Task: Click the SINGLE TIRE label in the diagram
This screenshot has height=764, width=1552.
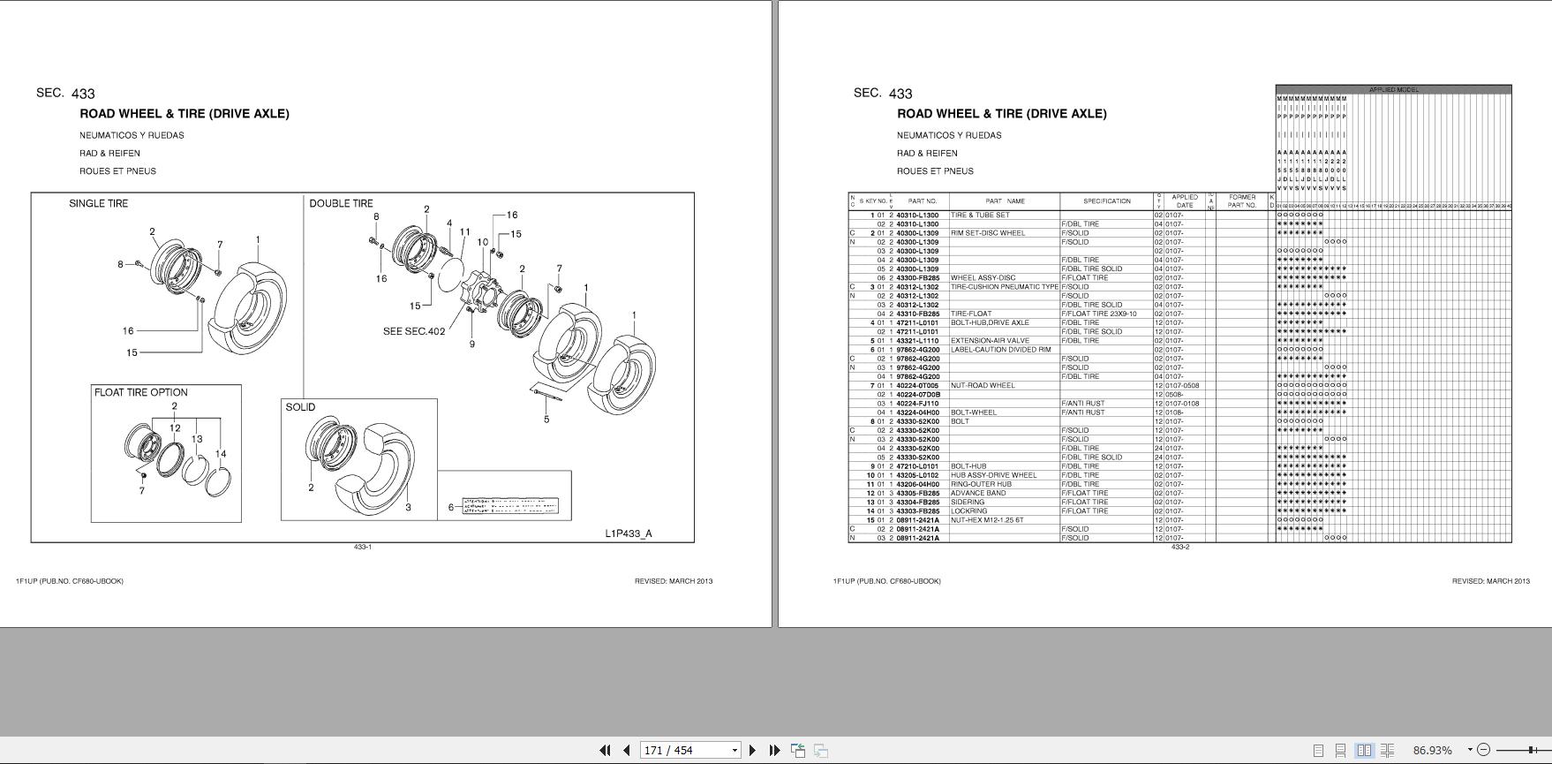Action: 98,203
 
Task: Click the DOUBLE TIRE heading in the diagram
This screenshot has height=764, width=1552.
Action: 341,203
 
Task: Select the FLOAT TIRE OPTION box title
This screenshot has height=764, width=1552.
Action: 141,392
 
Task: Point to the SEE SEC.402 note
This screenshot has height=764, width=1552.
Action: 414,331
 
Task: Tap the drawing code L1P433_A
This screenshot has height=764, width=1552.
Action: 629,533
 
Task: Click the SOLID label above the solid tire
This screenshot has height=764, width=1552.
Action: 300,407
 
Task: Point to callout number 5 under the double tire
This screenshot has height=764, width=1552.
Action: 546,419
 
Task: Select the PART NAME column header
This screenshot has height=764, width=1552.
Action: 1005,201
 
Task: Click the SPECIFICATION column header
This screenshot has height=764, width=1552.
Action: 1106,201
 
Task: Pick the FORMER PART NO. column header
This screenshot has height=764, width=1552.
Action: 1241,201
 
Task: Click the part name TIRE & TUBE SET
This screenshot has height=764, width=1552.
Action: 979,216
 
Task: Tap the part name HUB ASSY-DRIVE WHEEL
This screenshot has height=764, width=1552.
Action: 986,475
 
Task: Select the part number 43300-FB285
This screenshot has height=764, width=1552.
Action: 917,278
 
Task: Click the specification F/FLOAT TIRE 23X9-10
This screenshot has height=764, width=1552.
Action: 1098,314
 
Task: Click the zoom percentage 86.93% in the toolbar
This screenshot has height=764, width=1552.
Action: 1431,750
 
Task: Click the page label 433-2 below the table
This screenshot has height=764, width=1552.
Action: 1179,547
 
